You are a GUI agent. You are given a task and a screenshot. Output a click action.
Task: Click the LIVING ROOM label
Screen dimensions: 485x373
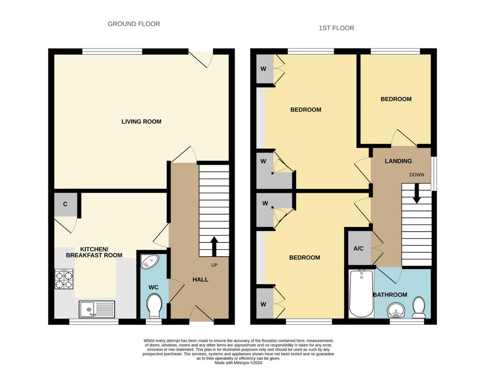141,122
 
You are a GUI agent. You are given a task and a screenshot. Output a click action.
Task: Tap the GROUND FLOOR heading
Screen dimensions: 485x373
134,24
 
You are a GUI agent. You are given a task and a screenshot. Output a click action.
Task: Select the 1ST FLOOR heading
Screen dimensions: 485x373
337,28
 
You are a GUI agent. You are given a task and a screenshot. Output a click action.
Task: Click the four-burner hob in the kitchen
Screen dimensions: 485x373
64,279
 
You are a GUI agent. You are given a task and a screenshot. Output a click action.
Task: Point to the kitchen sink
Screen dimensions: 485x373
97,309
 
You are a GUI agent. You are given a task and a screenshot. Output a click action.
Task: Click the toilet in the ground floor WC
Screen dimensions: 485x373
154,306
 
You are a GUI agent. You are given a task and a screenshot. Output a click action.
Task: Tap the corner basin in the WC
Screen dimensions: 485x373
149,262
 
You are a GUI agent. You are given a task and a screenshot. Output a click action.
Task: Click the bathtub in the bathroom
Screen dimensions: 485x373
361,294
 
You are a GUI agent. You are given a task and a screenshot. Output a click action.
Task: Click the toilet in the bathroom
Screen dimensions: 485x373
420,308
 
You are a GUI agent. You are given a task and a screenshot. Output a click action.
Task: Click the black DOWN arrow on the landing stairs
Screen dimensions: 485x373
417,194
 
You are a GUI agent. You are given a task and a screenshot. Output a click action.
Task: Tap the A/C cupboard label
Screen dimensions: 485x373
359,249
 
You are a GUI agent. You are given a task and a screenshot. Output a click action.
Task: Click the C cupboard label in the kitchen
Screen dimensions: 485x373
65,204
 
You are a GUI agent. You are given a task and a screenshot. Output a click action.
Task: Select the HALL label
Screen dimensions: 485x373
200,280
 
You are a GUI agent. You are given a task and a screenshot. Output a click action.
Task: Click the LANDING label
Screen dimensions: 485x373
398,161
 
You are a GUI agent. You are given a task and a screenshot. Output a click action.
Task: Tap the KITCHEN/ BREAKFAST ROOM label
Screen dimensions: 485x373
94,252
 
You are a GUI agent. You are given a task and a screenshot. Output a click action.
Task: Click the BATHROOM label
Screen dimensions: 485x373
390,295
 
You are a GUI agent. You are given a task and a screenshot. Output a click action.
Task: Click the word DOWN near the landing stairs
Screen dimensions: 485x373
417,175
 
